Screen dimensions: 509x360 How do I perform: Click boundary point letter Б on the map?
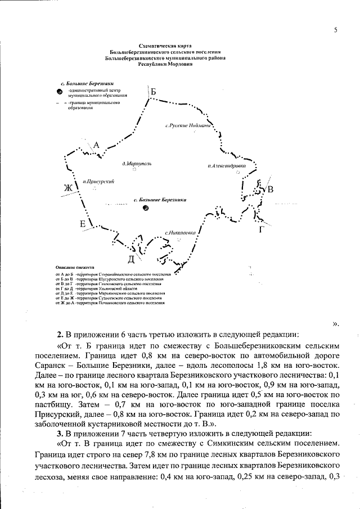(153, 92)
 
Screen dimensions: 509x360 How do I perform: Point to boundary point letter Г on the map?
(262, 229)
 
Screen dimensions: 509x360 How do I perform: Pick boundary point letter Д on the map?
(131, 259)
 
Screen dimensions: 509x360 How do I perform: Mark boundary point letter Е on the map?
(83, 224)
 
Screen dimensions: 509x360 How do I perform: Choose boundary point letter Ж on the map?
(69, 187)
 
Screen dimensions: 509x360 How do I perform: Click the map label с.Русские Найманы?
(188, 125)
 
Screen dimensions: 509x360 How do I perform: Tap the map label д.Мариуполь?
(137, 164)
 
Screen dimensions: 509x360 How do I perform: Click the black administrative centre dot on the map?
(146, 208)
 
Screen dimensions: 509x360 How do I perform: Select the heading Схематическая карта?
(166, 44)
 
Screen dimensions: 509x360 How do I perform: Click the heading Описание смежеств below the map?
(75, 268)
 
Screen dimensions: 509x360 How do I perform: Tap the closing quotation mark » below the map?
(336, 323)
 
